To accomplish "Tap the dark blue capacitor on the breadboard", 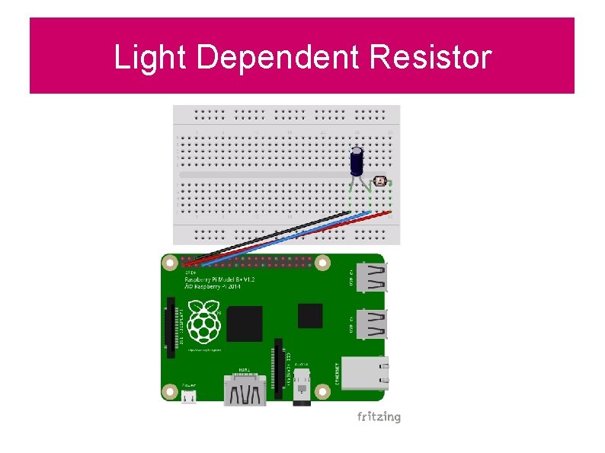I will pos(357,161).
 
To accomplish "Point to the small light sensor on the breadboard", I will pos(381,183).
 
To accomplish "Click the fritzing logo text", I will pos(379,416).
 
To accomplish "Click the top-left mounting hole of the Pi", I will pos(171,264).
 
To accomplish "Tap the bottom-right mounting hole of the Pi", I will pos(323,391).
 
